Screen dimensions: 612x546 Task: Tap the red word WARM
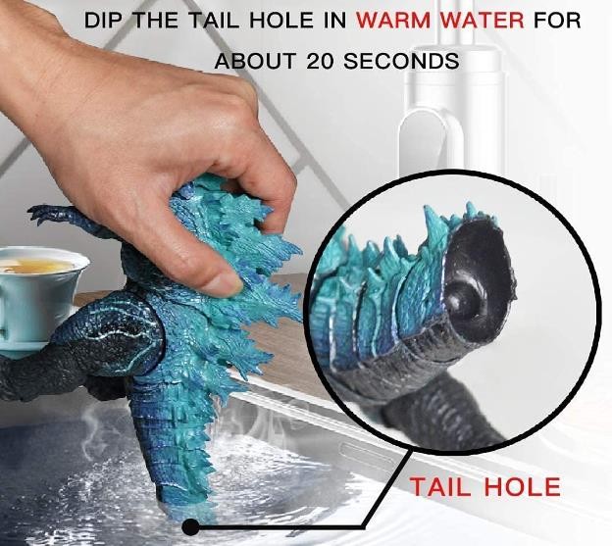[x=395, y=21]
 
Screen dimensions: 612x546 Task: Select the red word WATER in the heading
[x=484, y=21]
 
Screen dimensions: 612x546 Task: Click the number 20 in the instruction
[x=320, y=61]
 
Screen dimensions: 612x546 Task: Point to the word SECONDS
[x=401, y=61]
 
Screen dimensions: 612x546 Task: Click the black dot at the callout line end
[x=190, y=527]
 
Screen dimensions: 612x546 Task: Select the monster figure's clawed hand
[x=43, y=214]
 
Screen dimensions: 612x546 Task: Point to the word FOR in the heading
[x=557, y=21]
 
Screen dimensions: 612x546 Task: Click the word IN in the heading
[x=334, y=21]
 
